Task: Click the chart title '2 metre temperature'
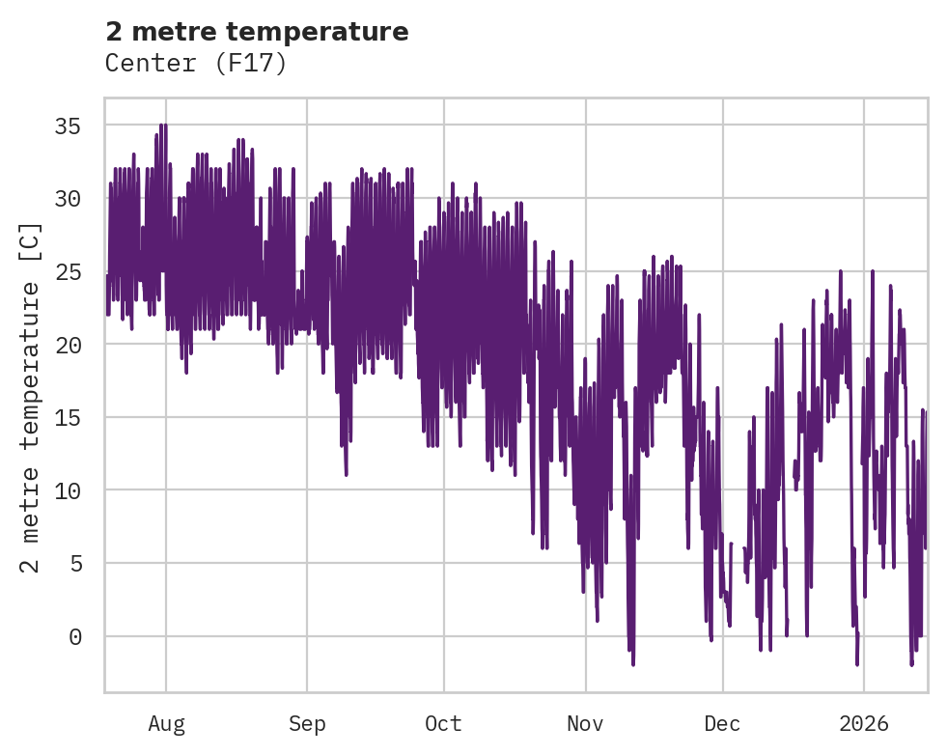coord(257,32)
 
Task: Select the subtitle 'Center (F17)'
coord(196,64)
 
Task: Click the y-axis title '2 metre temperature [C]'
coord(32,397)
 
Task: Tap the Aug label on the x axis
coord(166,723)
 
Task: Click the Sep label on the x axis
coord(307,723)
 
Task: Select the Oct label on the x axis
coord(443,723)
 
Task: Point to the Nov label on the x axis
coord(585,723)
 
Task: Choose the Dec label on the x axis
coord(722,723)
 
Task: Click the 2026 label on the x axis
coord(863,723)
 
